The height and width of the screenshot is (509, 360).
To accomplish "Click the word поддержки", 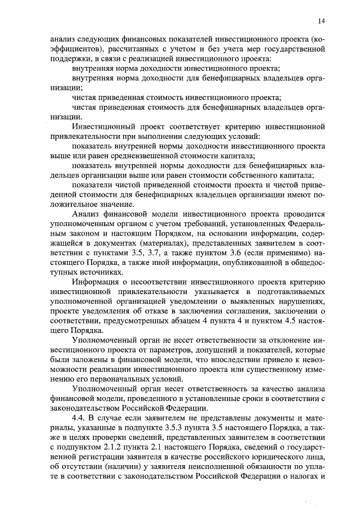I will point(67,59).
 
